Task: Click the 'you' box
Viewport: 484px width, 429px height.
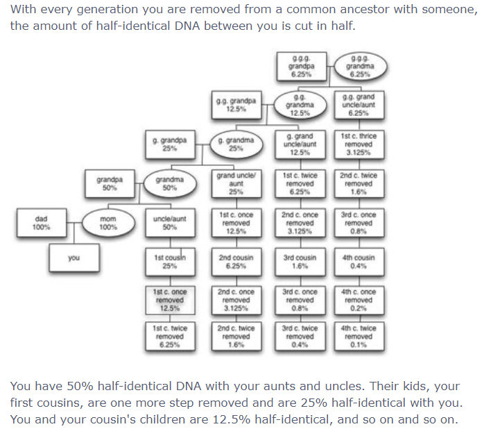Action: (74, 258)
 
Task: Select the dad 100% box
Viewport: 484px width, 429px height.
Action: (41, 223)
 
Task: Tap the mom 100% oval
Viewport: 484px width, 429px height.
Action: (107, 223)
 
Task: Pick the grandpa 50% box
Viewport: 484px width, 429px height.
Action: (110, 183)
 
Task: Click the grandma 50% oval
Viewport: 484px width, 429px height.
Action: (169, 183)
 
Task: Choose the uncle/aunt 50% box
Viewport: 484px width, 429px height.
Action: (170, 223)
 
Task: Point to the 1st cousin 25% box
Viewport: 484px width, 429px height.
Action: (170, 262)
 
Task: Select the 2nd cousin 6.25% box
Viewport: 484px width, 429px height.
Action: (235, 262)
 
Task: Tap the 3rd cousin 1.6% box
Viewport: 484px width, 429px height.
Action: (300, 262)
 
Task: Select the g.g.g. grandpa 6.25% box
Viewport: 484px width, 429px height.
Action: (300, 66)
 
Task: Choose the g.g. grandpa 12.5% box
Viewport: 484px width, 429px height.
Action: (235, 105)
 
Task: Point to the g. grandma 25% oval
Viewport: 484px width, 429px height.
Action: (235, 144)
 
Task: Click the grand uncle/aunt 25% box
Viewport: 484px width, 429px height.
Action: (235, 183)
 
